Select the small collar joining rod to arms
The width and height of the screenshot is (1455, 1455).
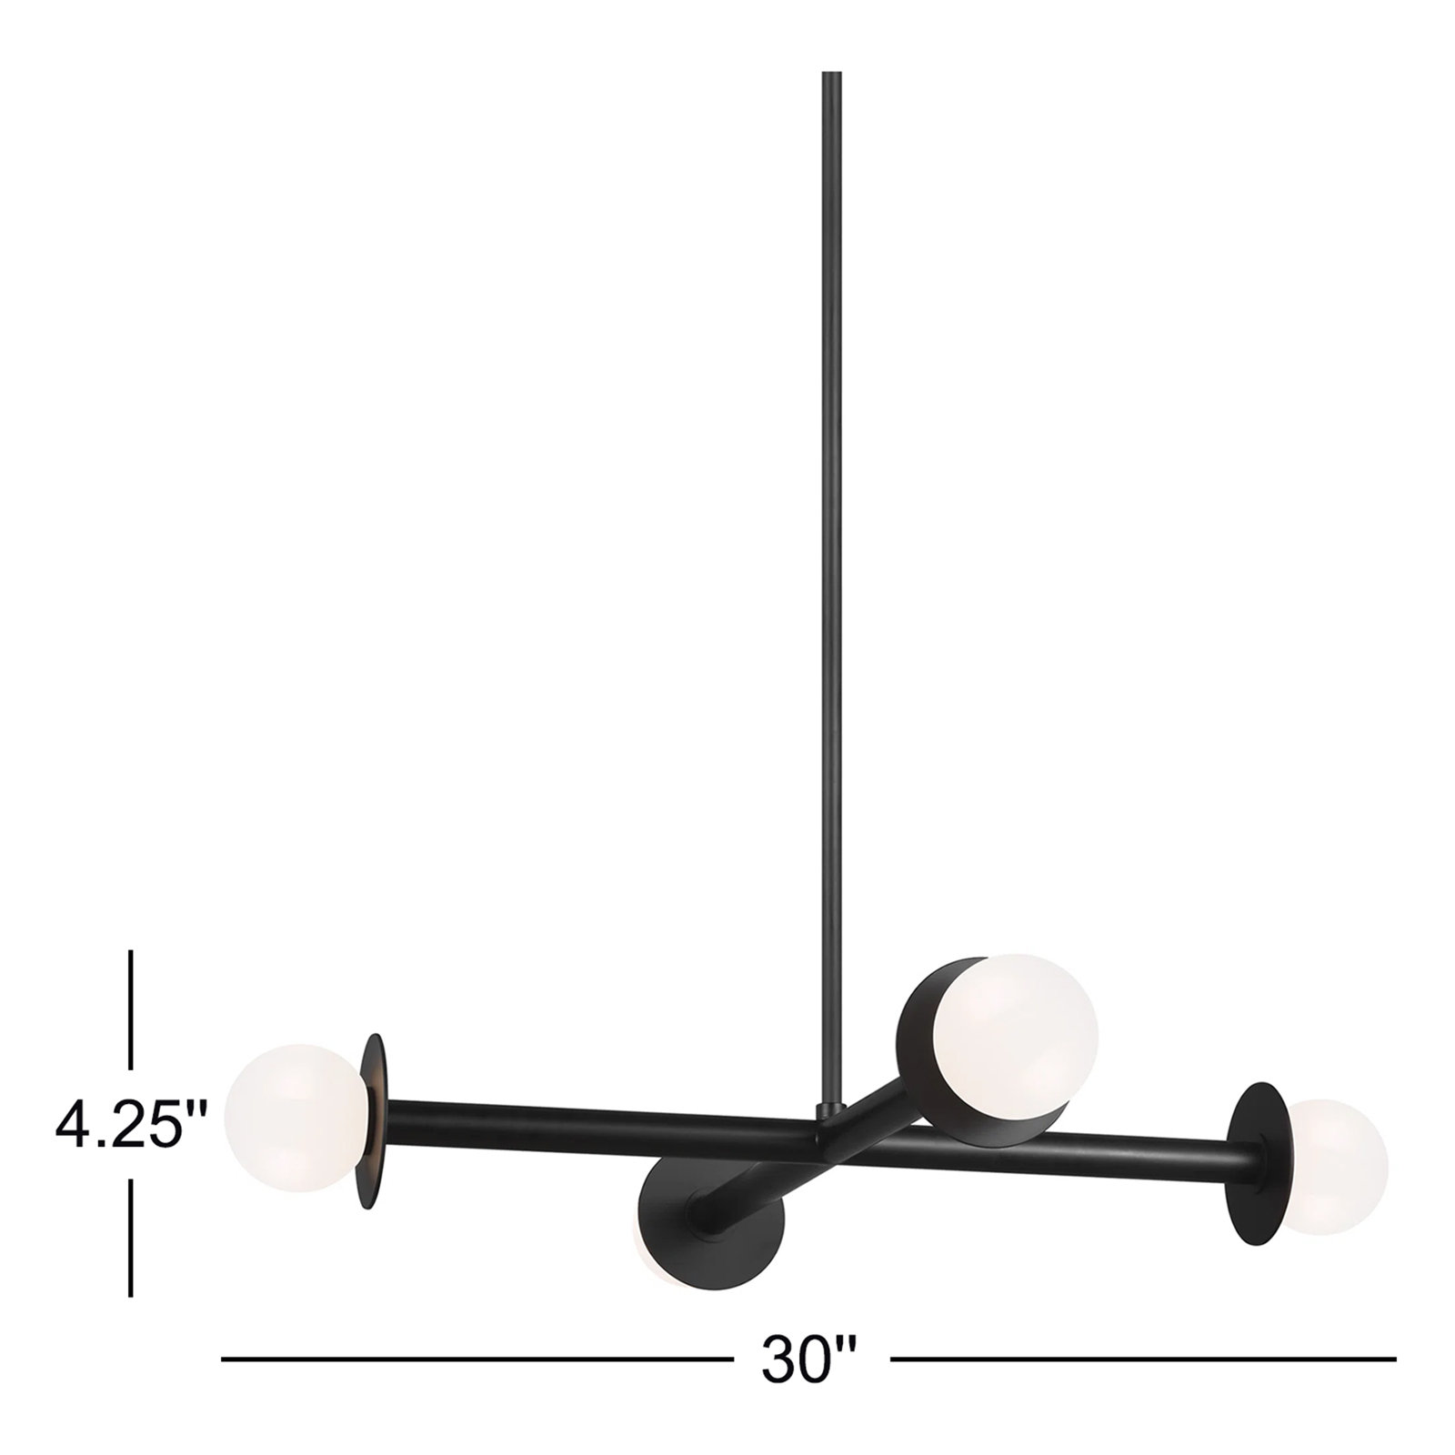(829, 1112)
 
